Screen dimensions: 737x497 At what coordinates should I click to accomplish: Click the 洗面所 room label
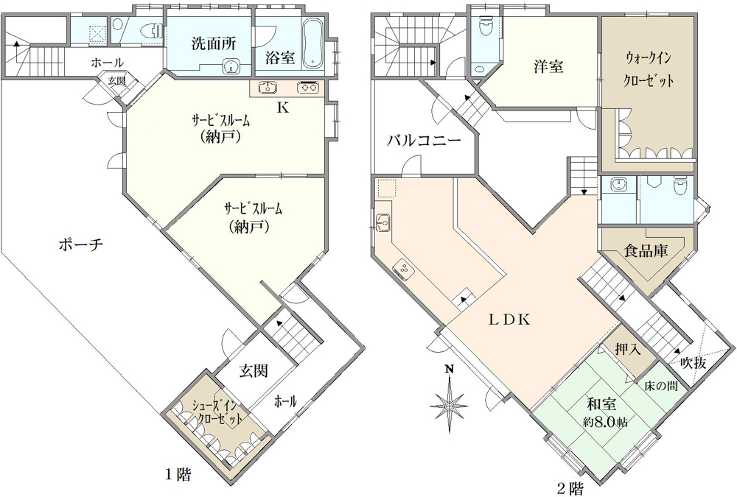214,43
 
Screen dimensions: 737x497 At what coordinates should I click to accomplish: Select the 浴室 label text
280,57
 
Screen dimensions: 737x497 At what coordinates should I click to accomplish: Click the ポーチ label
81,244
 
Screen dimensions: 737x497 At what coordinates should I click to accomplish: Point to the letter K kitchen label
282,107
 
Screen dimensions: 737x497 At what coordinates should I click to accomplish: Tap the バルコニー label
424,141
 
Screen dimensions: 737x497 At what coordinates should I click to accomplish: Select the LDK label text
509,320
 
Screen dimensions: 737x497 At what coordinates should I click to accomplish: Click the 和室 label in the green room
601,404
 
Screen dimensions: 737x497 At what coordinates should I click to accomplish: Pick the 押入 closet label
628,349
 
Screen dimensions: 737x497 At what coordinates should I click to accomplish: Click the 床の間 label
661,386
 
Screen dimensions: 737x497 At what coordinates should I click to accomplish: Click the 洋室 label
548,66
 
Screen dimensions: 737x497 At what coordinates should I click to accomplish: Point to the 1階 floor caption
178,475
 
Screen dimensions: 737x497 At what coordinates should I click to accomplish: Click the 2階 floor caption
570,489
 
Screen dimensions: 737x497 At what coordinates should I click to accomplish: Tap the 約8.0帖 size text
606,422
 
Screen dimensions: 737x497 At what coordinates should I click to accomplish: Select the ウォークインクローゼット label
649,69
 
